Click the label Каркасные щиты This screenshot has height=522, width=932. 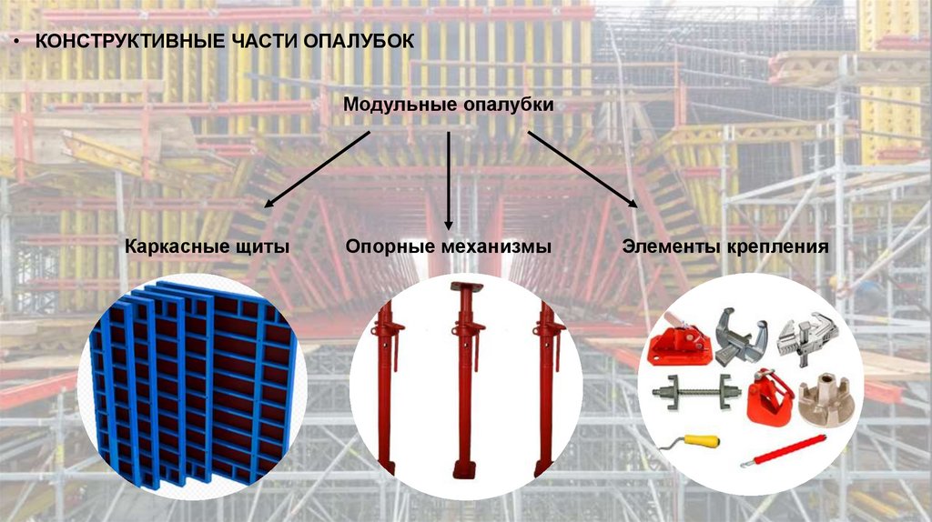point(207,246)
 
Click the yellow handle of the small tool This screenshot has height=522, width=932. point(704,441)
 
